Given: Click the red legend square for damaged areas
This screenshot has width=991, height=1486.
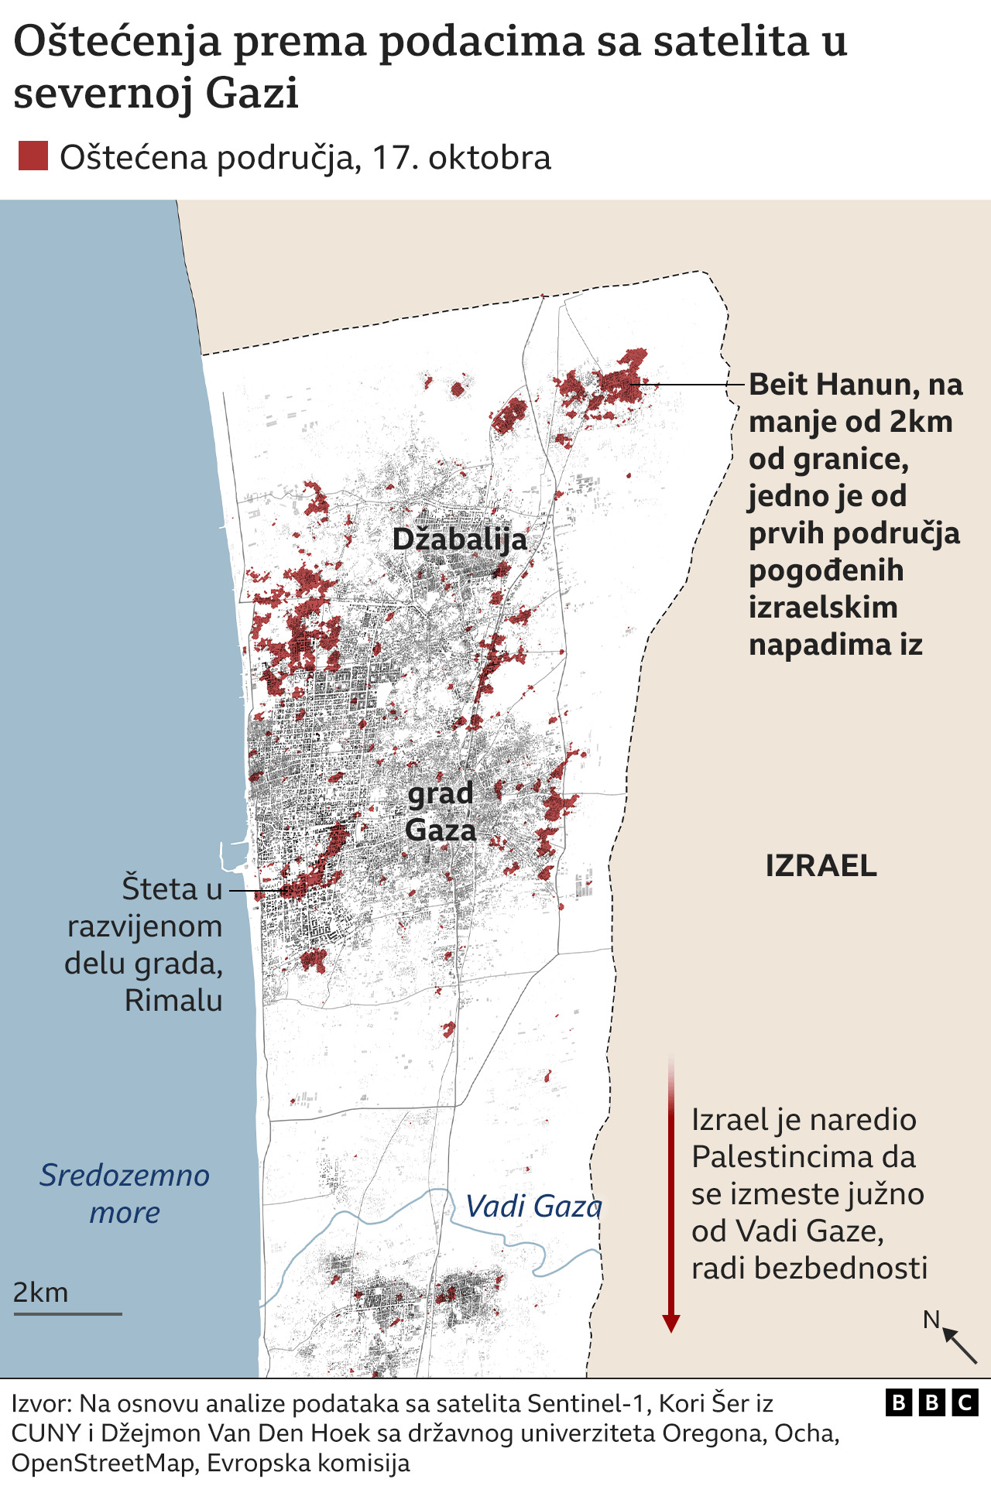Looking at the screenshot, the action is coord(33,156).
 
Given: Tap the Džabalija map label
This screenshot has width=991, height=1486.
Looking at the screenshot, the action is coord(459,539).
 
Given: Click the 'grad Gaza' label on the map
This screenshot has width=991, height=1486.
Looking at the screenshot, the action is coord(441,812).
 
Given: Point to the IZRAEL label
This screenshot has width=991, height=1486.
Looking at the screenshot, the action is coord(821,865).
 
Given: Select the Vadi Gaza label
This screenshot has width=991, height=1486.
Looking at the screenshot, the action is coord(533,1207).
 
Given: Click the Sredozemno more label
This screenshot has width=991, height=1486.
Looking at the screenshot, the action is coord(125,1193).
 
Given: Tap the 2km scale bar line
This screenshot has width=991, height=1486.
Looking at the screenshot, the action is coord(68,1313).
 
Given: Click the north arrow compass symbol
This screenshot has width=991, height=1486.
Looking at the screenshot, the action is coord(958,1345).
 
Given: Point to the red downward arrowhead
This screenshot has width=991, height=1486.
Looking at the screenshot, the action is coord(671,1323).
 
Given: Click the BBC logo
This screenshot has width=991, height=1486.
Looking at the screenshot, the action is coord(932,1402).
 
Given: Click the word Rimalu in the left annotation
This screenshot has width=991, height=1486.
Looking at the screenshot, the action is coord(173,1001).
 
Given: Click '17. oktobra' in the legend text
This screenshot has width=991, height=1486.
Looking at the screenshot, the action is coord(461,158).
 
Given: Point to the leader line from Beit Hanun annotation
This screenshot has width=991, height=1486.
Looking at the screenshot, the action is coord(689,385).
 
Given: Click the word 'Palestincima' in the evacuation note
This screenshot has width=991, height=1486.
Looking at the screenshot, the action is coord(804,1157).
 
